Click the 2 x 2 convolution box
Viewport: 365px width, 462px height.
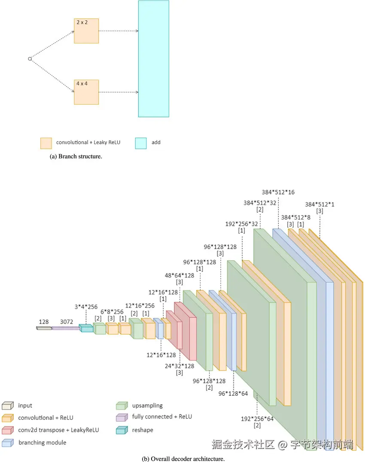point(86,31)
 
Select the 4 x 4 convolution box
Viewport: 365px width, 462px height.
point(86,92)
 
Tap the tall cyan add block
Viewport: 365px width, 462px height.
point(153,59)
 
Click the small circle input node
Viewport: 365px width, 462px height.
point(30,59)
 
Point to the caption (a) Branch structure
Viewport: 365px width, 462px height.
point(76,156)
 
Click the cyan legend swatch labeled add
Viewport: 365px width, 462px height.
point(141,143)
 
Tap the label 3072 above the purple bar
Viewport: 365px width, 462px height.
point(67,321)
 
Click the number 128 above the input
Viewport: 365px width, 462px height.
point(44,321)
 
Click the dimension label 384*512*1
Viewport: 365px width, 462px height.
point(319,204)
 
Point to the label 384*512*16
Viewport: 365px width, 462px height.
point(278,192)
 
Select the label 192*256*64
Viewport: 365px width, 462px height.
point(257,418)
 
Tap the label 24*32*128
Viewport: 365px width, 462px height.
point(180,366)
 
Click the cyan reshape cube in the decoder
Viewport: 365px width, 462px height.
point(86,329)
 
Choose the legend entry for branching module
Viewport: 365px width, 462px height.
point(42,442)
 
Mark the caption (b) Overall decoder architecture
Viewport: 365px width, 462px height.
point(183,459)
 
